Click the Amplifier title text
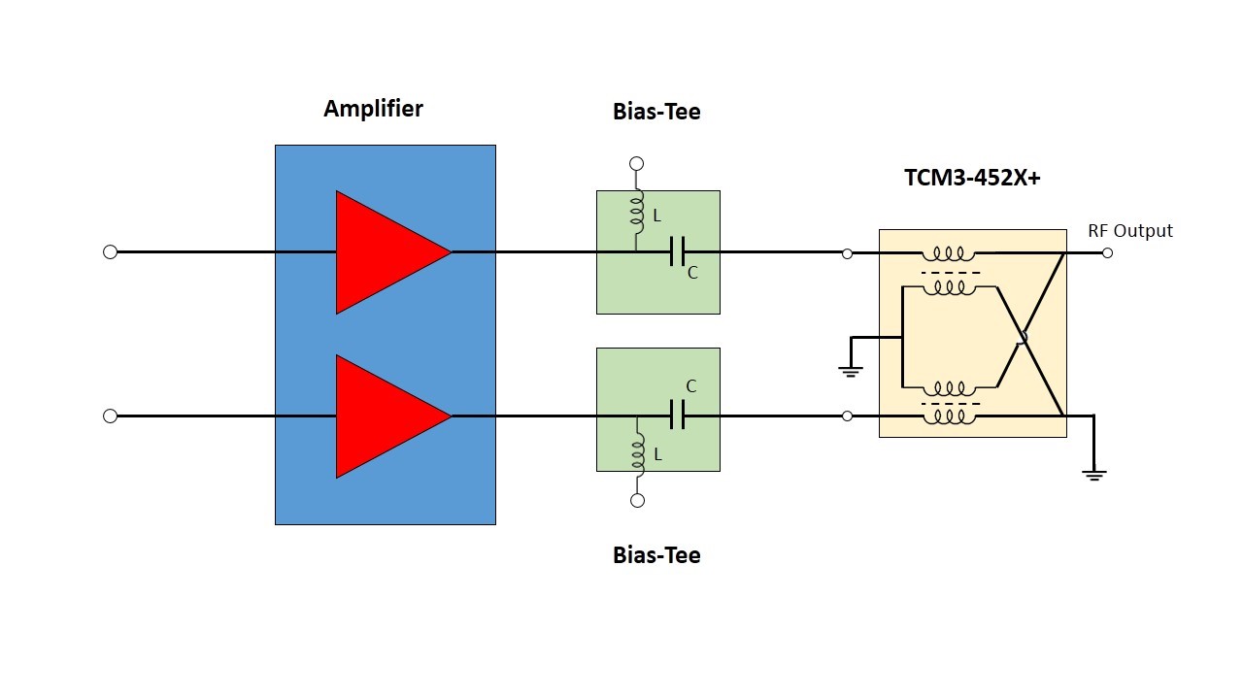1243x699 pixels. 373,109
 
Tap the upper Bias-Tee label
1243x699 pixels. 656,112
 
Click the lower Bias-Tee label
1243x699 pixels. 656,555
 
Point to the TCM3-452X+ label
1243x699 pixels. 972,178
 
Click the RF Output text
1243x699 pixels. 1130,231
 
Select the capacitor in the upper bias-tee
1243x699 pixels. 678,252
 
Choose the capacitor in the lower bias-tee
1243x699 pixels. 678,416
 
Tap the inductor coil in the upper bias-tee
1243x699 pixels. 638,214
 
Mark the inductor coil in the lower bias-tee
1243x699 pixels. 638,454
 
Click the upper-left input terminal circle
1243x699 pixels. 110,252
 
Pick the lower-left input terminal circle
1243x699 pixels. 110,416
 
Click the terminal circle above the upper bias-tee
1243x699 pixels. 637,164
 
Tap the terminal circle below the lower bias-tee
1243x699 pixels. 637,501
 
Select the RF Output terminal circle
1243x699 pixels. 1107,252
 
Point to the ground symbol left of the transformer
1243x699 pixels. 851,368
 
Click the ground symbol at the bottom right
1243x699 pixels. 1094,474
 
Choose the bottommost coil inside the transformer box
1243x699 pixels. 949,416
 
